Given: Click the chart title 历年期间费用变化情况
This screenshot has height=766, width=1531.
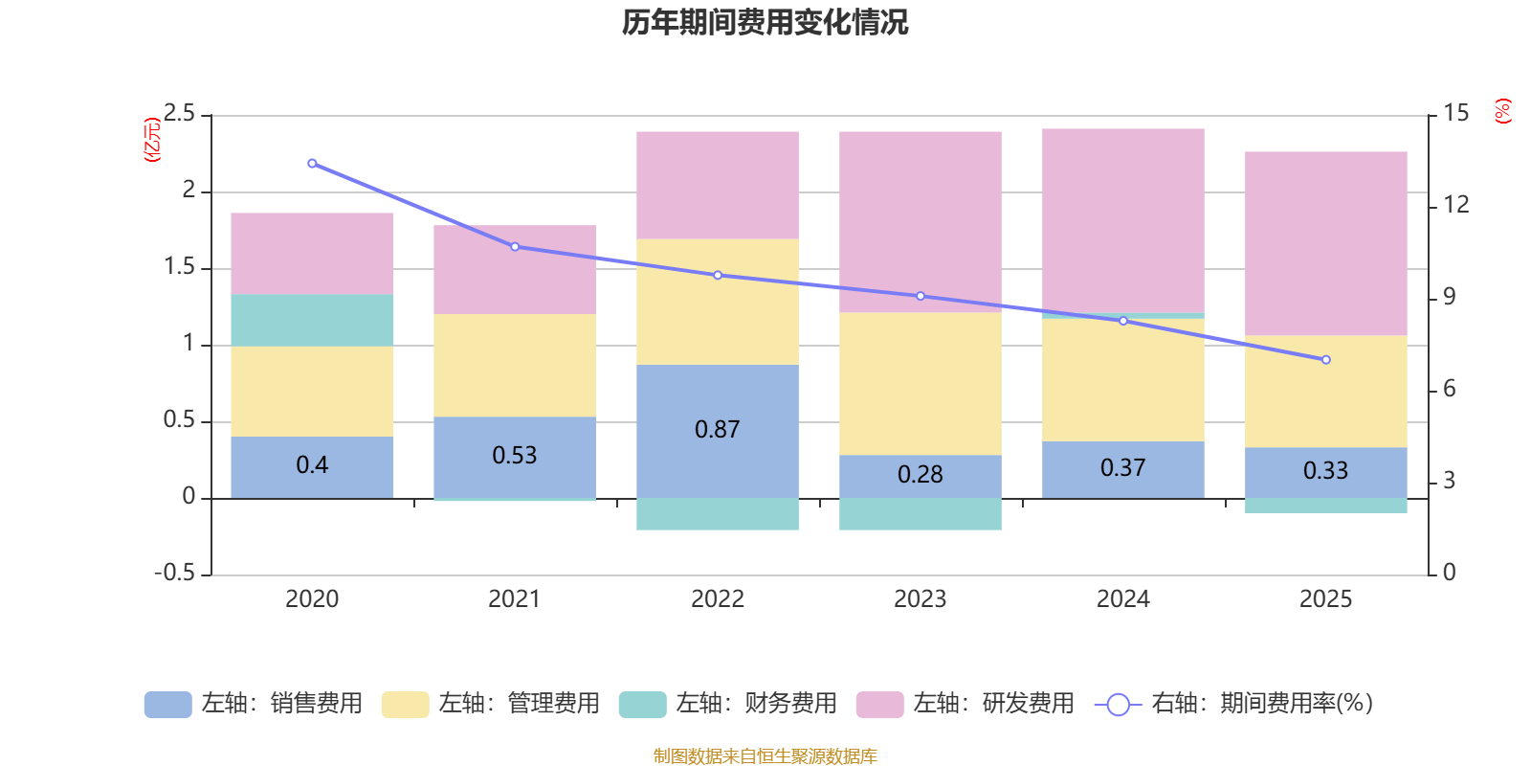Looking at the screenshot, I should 765,22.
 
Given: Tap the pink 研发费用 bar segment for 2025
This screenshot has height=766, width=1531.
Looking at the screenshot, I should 1325,243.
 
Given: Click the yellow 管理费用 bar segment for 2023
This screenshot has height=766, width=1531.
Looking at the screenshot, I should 920,383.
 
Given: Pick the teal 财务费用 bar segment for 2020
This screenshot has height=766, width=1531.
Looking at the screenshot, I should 312,320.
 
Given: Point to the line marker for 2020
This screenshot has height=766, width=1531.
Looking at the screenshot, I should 312,164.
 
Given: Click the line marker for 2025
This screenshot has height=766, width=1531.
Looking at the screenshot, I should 1325,360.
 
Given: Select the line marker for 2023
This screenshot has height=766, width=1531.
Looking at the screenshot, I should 921,296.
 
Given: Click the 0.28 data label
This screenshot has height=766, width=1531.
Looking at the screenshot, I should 920,474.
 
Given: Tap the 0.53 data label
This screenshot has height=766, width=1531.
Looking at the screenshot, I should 515,455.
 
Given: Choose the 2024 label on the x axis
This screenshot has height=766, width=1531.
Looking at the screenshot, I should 1122,599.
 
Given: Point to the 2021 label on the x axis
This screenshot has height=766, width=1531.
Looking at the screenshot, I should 515,599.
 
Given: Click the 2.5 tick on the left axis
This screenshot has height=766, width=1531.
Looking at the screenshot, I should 179,114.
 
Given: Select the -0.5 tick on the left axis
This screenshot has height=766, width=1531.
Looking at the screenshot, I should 174,573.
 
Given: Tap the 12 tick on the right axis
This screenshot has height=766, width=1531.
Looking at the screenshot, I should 1456,204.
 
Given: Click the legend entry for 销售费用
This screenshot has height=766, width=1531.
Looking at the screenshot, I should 254,704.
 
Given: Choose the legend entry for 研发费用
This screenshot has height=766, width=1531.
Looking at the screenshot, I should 965,704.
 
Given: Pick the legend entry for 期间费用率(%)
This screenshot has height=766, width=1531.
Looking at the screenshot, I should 1234,704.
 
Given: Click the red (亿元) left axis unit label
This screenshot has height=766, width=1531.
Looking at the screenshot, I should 151,140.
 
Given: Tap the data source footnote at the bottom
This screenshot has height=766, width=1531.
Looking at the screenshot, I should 765,756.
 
